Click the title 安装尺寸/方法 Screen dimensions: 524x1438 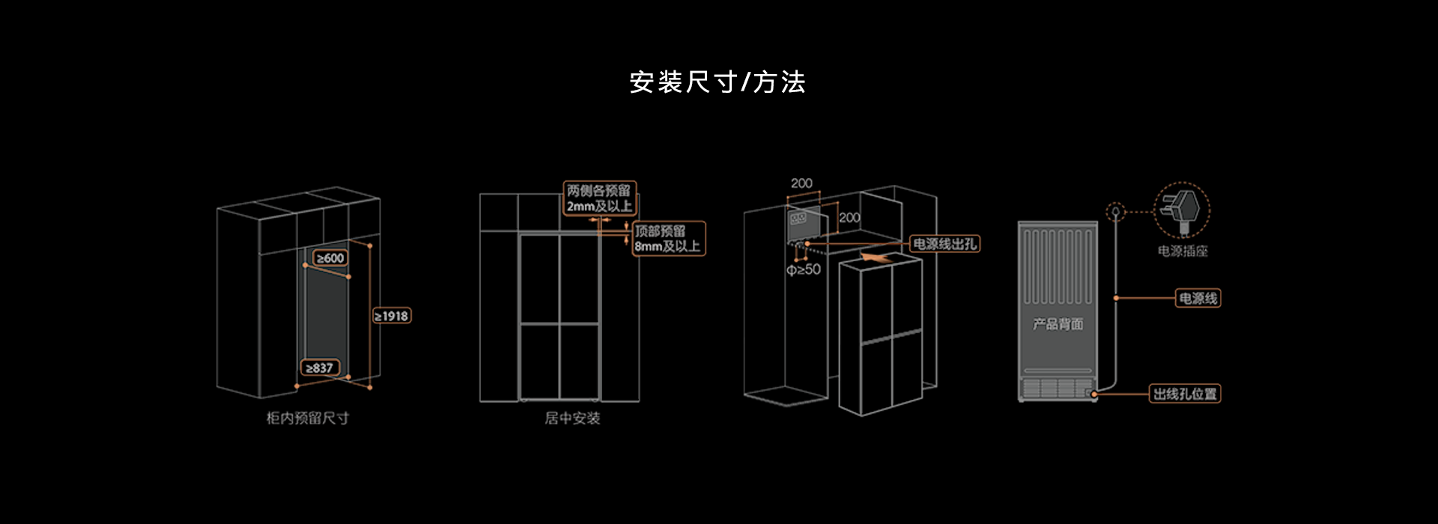(717, 82)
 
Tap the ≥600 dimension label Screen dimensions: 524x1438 (330, 258)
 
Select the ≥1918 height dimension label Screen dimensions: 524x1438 (392, 316)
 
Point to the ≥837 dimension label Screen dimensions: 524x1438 (320, 368)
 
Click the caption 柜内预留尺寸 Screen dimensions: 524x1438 (308, 418)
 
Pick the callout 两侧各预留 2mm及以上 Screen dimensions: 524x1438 (599, 198)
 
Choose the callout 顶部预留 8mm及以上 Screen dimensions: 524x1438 (668, 238)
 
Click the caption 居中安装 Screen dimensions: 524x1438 (572, 418)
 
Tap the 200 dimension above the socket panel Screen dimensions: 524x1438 (801, 183)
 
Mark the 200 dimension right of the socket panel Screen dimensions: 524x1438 (849, 218)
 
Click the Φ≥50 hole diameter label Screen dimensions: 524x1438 (804, 269)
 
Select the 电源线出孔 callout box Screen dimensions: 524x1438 (944, 244)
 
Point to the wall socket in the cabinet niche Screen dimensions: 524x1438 (798, 219)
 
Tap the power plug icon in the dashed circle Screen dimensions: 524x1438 (1182, 210)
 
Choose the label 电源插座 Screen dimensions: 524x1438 (1183, 252)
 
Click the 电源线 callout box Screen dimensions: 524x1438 (1198, 298)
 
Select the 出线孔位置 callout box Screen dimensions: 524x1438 (1185, 394)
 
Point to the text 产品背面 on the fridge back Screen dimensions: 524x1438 (1058, 324)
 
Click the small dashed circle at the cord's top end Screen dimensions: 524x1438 (1116, 212)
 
